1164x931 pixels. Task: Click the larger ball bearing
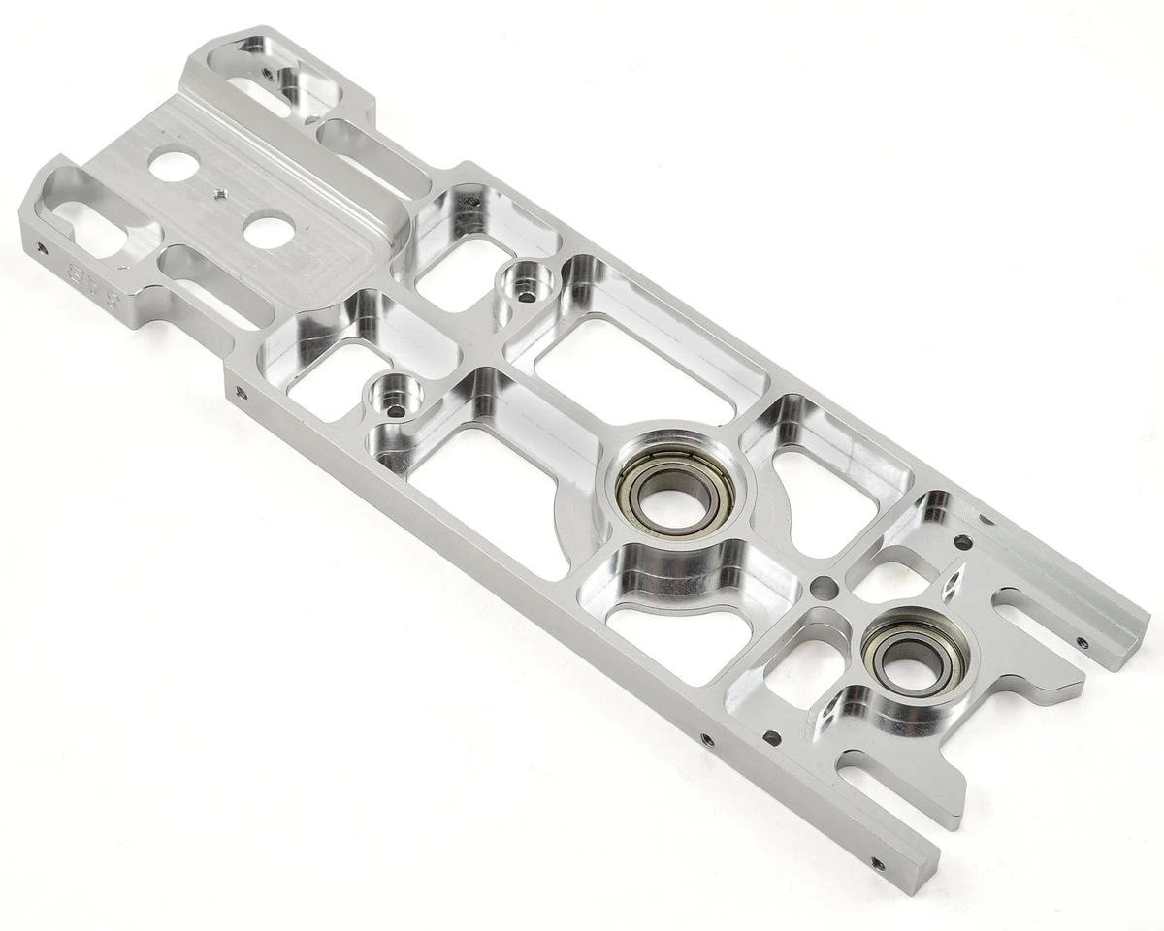(675, 490)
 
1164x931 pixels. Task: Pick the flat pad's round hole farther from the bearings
(174, 166)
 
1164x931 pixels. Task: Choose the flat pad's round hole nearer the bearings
(269, 230)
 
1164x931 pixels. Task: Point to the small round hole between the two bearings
(824, 588)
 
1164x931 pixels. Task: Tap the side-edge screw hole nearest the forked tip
(878, 861)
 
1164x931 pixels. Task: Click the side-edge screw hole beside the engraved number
(41, 248)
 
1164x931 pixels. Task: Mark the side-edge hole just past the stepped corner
(240, 392)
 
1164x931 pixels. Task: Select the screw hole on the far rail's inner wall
(1083, 642)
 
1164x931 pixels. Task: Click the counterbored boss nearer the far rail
(526, 287)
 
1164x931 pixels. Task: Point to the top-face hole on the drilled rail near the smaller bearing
(771, 737)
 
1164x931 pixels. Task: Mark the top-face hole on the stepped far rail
(962, 542)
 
